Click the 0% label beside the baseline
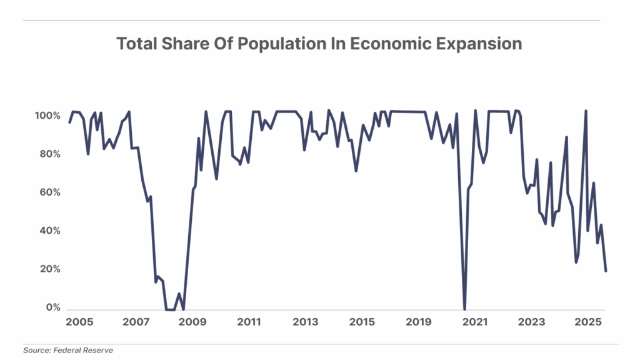click(x=54, y=307)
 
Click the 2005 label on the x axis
click(x=79, y=322)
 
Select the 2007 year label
click(x=136, y=322)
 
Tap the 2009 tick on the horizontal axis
click(x=192, y=322)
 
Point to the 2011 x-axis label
click(x=249, y=322)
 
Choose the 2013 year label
click(x=306, y=322)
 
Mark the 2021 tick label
click(x=476, y=322)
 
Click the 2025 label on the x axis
click(x=587, y=322)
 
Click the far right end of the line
click(x=606, y=270)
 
